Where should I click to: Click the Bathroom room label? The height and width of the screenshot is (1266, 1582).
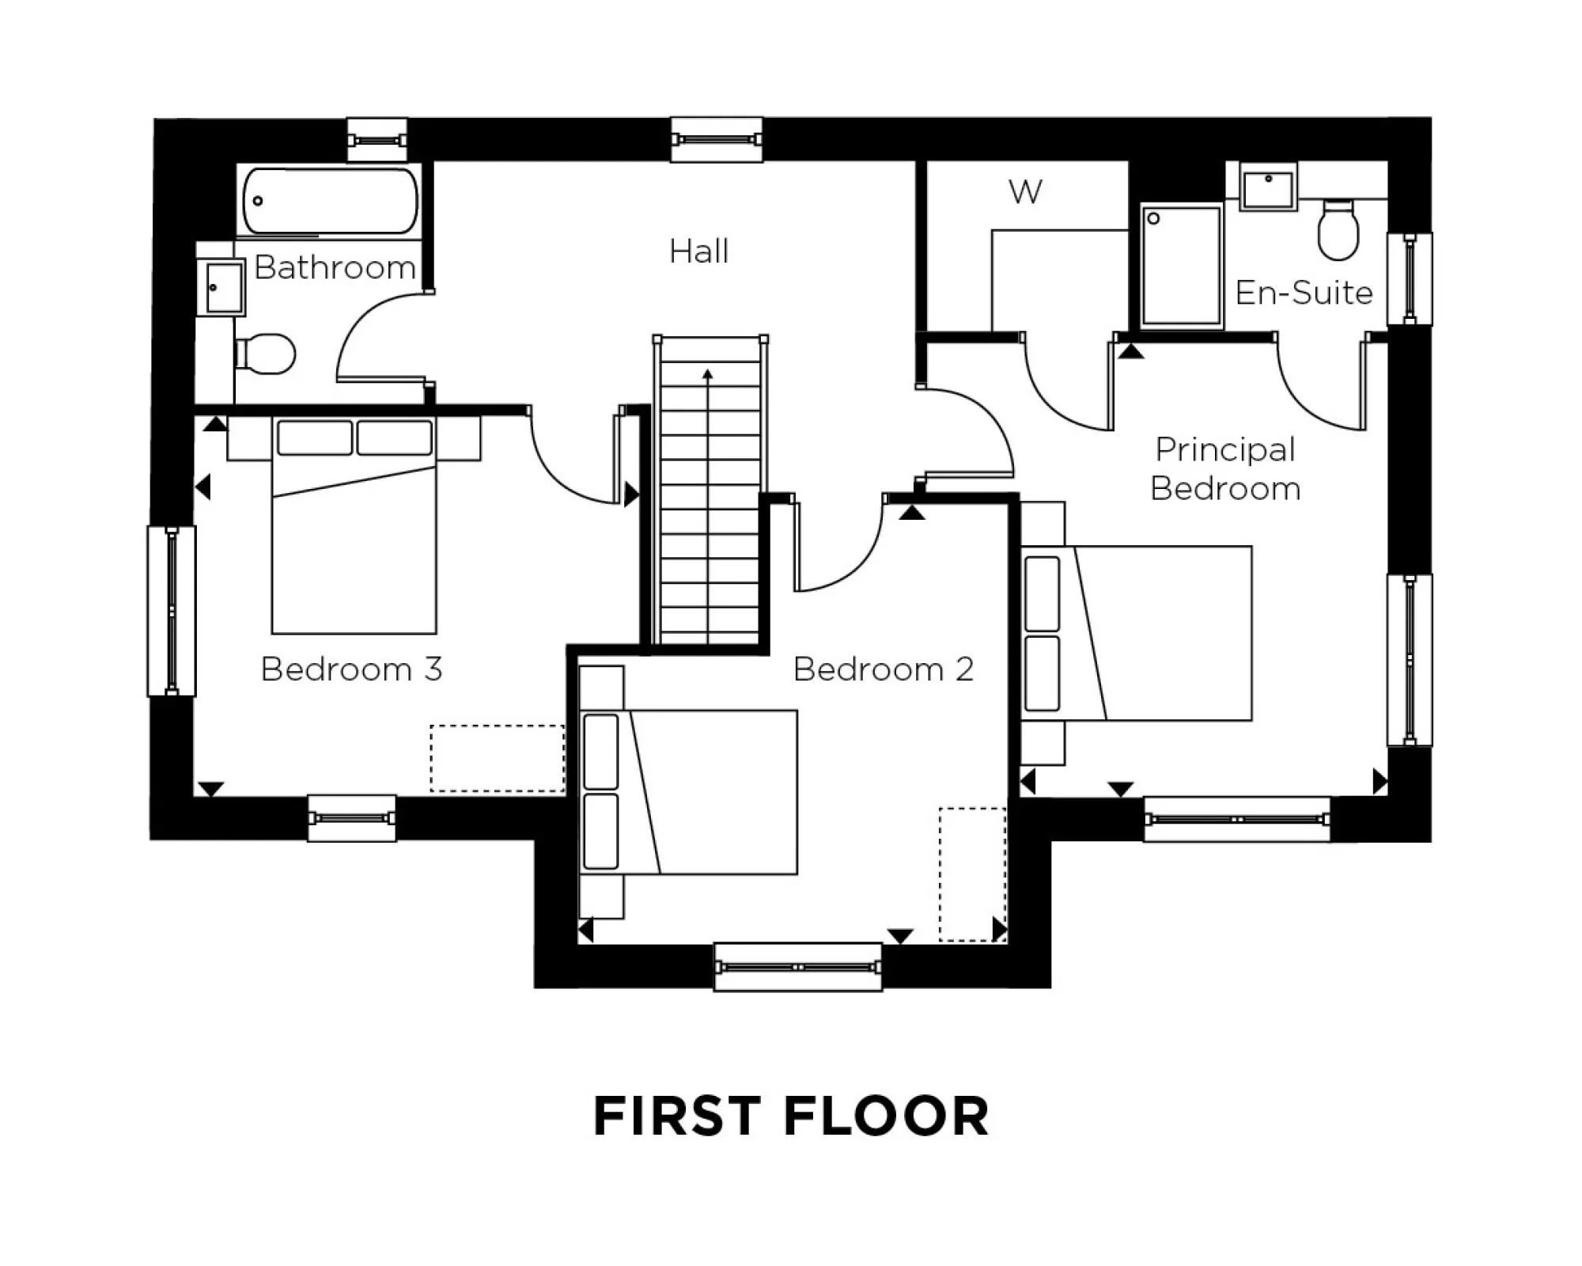(x=335, y=267)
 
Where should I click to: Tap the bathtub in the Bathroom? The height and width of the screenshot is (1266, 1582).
(x=329, y=201)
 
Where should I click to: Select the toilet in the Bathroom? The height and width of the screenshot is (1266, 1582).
(x=267, y=354)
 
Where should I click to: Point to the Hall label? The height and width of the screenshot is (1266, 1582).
(x=698, y=252)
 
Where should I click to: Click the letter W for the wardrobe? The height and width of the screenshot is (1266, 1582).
(x=1025, y=191)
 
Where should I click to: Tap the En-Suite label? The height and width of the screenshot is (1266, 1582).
(x=1304, y=293)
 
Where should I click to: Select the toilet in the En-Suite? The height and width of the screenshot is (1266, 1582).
(x=1338, y=230)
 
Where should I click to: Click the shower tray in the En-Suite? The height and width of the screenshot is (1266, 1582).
(x=1182, y=265)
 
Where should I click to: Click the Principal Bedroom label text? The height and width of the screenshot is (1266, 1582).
(x=1225, y=468)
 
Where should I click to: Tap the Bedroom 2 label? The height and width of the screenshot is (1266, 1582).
(x=883, y=669)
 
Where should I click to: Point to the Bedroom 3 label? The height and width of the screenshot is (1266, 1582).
(x=351, y=669)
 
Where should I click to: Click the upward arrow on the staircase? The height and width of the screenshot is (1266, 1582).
(x=708, y=375)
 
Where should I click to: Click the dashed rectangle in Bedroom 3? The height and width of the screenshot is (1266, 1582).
(x=498, y=758)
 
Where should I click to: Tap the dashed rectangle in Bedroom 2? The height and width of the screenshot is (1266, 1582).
(x=972, y=874)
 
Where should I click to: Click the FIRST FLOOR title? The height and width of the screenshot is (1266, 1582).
(x=791, y=1116)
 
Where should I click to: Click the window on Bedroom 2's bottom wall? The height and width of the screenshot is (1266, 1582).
(x=797, y=967)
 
